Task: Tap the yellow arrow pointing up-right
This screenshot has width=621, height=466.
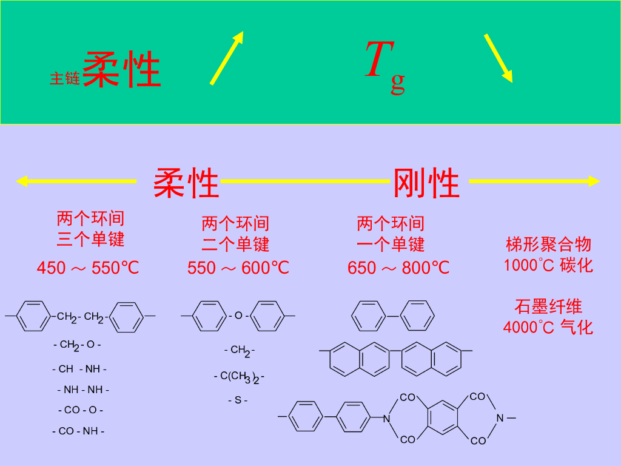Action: (x=227, y=58)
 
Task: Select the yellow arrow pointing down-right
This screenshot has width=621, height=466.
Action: (x=498, y=58)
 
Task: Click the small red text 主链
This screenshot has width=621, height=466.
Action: (x=64, y=78)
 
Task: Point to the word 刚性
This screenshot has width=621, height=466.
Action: (x=426, y=183)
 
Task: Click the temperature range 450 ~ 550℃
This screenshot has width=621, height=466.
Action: (x=88, y=268)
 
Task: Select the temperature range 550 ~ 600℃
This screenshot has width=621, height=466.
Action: (x=238, y=268)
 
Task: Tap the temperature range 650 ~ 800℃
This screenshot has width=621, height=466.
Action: (x=398, y=268)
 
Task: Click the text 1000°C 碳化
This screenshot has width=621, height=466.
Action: (x=548, y=265)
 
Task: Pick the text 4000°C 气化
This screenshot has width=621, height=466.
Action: (x=548, y=327)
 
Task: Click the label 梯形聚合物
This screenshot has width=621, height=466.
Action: (x=548, y=245)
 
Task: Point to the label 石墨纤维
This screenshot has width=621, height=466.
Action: (x=548, y=306)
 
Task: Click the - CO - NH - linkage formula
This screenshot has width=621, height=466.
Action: (x=78, y=431)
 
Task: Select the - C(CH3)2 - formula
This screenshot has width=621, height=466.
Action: (x=239, y=377)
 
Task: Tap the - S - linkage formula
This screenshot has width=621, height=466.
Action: (x=238, y=400)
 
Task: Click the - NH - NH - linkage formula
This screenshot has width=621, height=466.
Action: (x=83, y=390)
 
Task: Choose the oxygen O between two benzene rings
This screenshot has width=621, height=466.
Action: (x=238, y=316)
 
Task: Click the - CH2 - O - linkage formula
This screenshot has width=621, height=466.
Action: (x=77, y=345)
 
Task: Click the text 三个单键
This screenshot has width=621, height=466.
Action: (x=90, y=239)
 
